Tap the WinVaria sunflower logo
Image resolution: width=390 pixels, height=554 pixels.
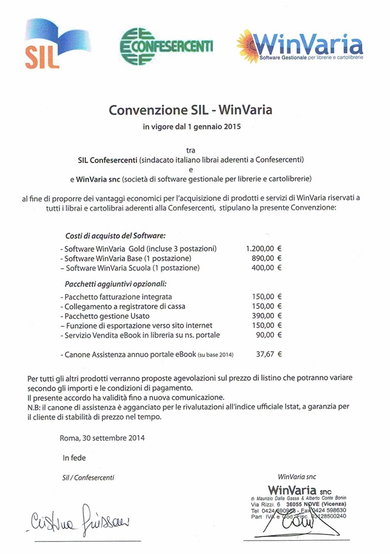pos(300,46)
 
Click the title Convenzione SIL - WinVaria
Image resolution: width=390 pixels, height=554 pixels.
pos(190,110)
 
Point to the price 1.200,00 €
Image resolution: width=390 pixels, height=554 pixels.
pos(264,249)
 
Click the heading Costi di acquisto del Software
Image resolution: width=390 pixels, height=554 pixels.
pos(115,235)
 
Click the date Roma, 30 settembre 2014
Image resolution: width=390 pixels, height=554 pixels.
pos(103,437)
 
